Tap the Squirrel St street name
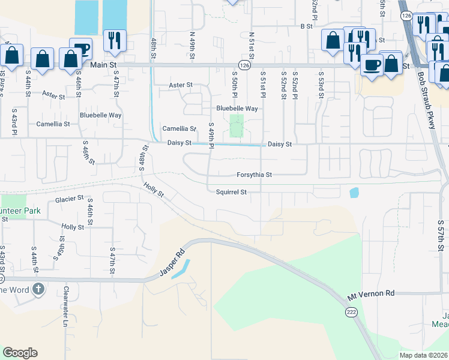tap(231, 192)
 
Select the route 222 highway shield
tap(351, 312)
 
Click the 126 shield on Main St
tap(244, 64)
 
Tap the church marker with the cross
tap(38, 290)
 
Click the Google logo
tap(20, 353)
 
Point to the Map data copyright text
tap(423, 355)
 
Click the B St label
tap(307, 26)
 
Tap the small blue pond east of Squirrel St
tap(354, 193)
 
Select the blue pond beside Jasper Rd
tap(181, 268)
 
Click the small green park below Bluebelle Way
tap(237, 126)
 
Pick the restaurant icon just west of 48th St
tap(112, 41)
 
